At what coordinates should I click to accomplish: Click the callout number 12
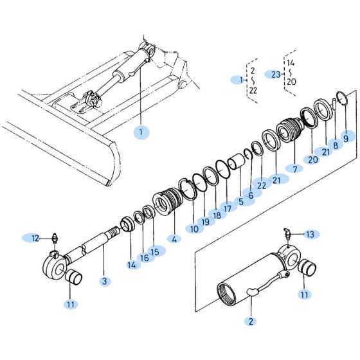tap(36, 239)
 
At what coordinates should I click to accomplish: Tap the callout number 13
tap(310, 234)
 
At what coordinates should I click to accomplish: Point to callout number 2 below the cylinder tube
tap(251, 321)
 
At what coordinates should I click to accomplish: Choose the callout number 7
tap(296, 168)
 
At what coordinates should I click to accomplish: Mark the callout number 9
tap(345, 137)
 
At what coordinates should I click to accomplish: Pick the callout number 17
tap(228, 207)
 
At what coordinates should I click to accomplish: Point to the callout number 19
tap(205, 222)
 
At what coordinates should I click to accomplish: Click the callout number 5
tap(241, 201)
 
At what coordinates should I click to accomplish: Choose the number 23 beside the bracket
tap(276, 74)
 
